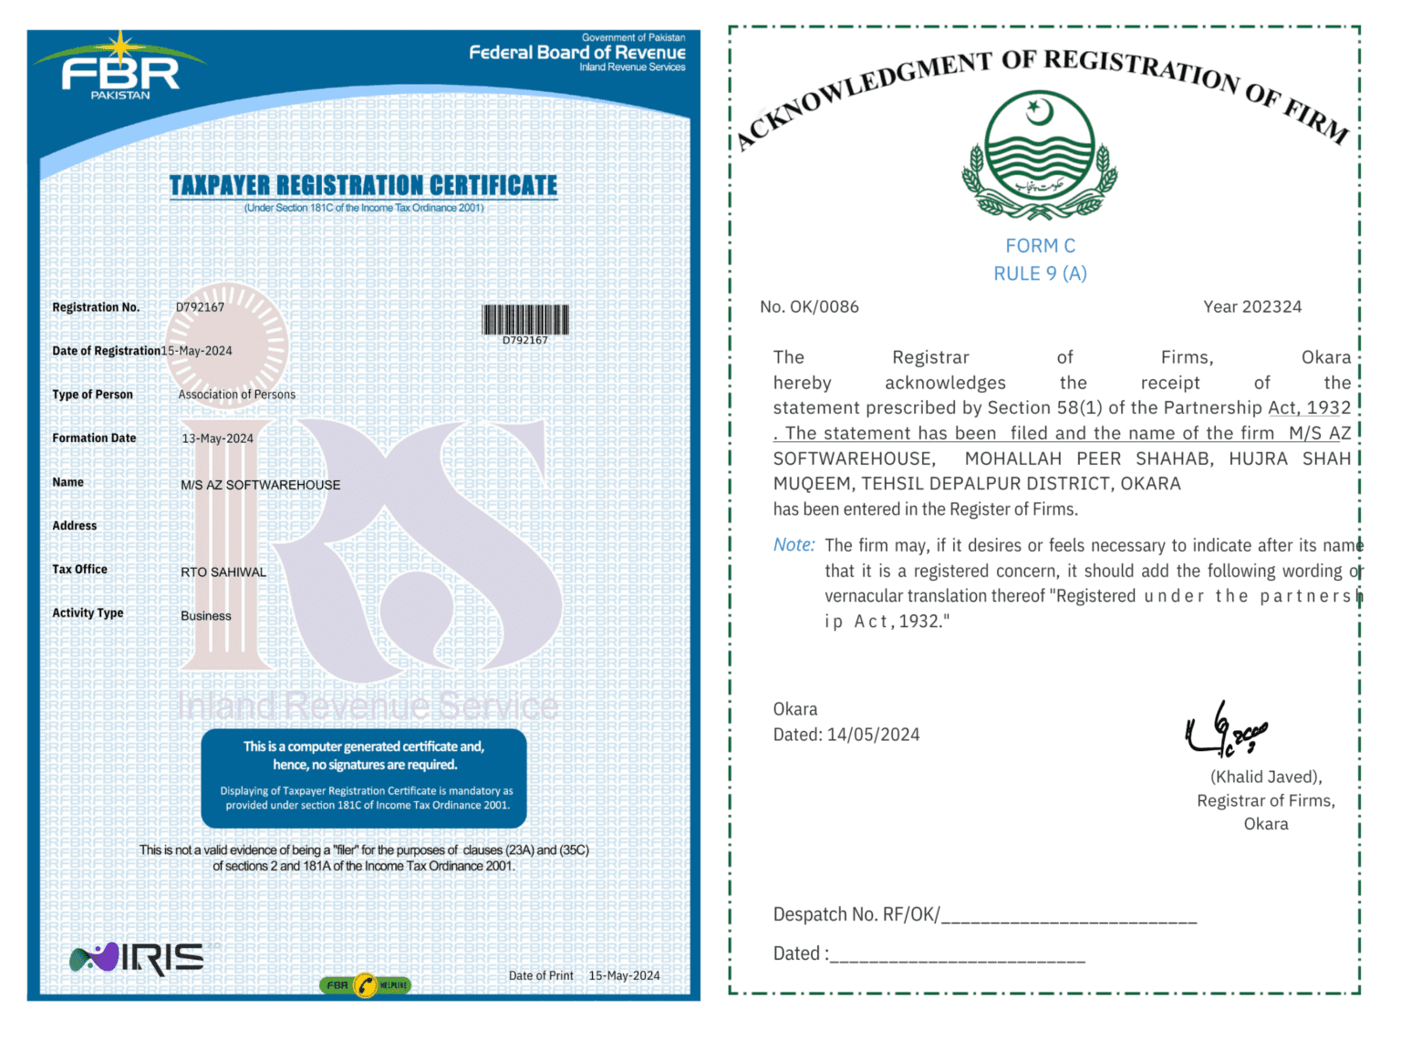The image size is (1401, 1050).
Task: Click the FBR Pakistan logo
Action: [119, 68]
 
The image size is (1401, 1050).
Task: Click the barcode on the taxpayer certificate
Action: [525, 320]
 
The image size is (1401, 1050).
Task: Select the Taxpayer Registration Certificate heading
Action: [363, 186]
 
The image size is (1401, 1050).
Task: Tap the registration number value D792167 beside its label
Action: [200, 307]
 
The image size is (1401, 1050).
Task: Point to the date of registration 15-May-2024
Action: [197, 351]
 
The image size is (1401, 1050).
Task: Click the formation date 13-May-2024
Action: [217, 438]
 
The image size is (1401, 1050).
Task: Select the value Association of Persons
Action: [236, 395]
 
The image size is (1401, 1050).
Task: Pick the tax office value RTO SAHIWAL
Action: [223, 572]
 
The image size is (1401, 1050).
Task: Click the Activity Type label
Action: [88, 613]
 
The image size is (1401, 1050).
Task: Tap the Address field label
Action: [74, 526]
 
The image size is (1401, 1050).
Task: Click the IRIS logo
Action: [138, 958]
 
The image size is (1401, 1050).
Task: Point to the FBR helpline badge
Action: [365, 985]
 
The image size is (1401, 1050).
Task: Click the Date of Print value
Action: [624, 975]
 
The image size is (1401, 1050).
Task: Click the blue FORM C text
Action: [1040, 246]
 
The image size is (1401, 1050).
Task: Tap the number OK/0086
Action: [824, 307]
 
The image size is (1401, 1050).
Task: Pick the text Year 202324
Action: [1251, 307]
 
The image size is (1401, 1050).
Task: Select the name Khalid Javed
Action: [1265, 777]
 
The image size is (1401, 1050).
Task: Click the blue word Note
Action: [794, 545]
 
